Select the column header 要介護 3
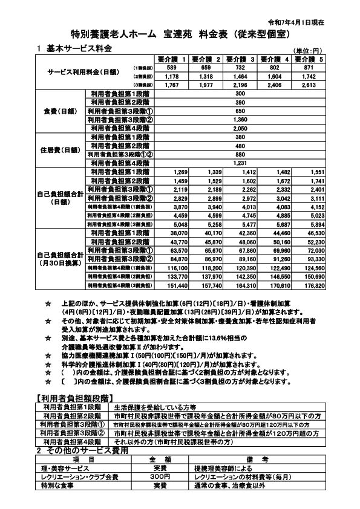pyautogui.click(x=240, y=59)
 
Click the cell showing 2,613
pyautogui.click(x=310, y=85)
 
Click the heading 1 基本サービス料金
pyautogui.click(x=74, y=48)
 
